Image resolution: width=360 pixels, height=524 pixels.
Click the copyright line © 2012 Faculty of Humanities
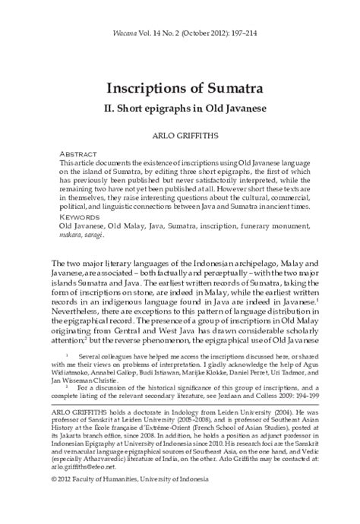click(122, 501)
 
